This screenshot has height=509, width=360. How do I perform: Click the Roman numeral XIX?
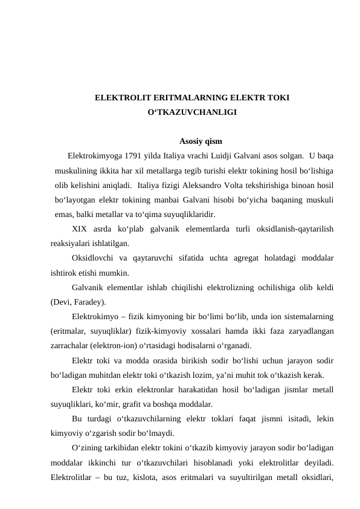point(79,229)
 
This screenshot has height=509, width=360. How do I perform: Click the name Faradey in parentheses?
point(89,301)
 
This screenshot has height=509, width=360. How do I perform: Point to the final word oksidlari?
point(317,477)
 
